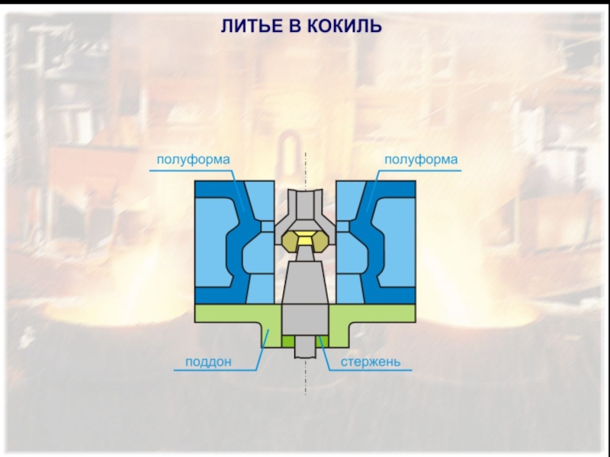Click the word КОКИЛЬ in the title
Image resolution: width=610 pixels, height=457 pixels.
pos(345,27)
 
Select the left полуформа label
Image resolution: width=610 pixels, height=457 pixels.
pos(193,160)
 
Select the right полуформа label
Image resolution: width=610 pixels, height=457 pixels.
pos(421,160)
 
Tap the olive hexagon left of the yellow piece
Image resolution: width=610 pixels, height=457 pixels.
pos(289,243)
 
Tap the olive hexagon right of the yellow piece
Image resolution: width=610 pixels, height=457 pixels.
pos(323,243)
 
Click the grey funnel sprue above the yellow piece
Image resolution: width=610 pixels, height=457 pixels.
pos(306,210)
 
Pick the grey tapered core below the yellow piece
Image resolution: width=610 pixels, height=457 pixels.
pos(306,282)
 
